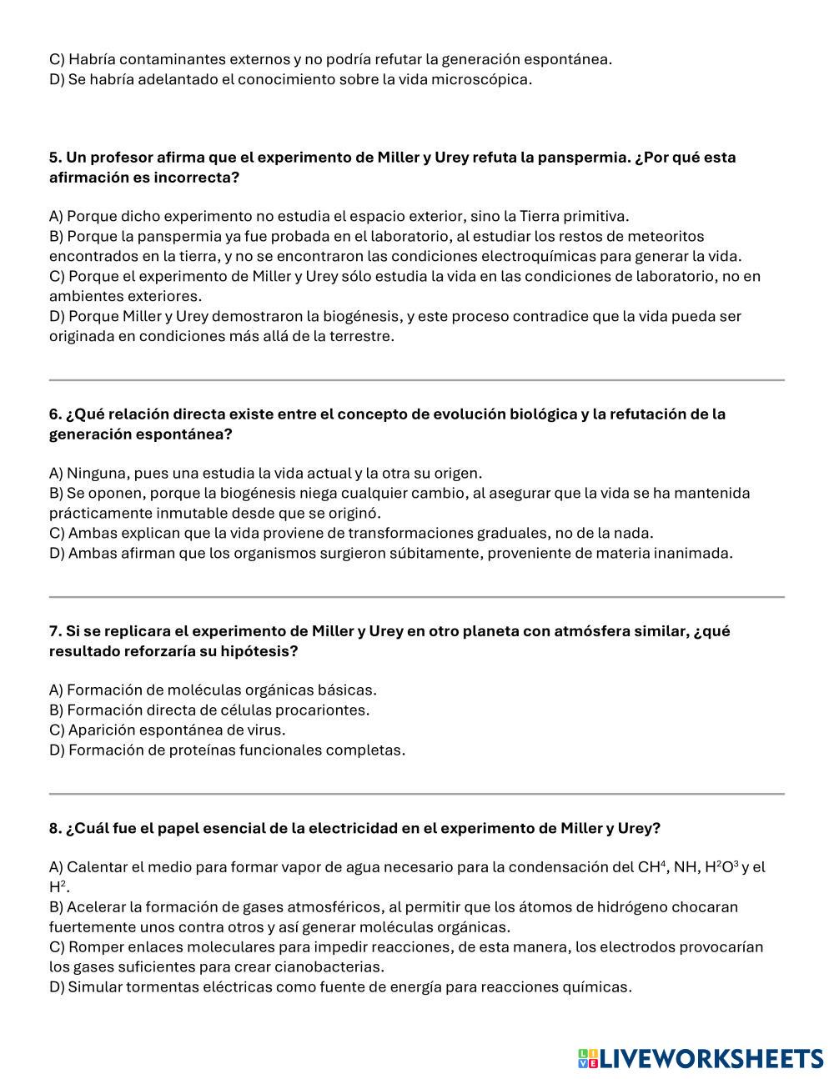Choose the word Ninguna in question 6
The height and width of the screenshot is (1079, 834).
[96, 473]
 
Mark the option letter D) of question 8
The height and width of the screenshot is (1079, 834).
[57, 987]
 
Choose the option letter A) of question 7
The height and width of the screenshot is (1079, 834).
[57, 690]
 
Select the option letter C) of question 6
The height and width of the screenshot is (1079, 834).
[57, 533]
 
